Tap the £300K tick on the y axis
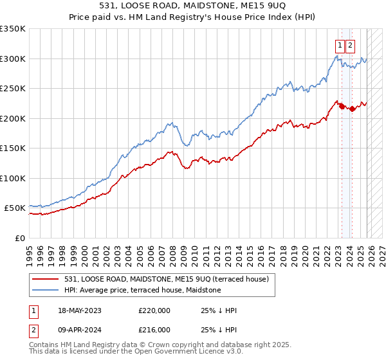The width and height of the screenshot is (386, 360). point(13,59)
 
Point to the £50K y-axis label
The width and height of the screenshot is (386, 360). point(14,208)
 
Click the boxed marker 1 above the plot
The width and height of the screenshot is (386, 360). point(339,45)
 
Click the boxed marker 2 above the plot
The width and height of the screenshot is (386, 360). point(350,45)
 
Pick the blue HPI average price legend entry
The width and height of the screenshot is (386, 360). point(142,291)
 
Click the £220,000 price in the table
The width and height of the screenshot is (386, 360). point(154,310)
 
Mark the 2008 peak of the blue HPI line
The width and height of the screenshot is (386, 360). point(171,122)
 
